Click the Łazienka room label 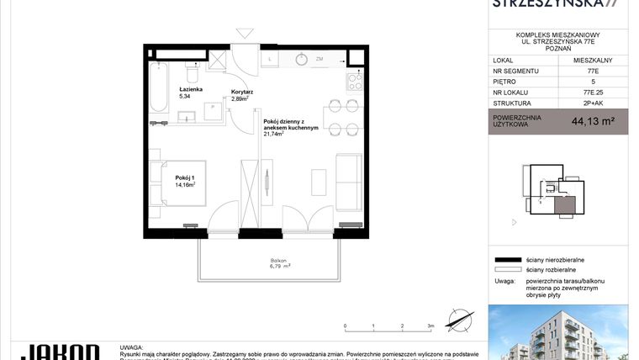tap(190, 88)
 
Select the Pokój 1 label tap(185, 178)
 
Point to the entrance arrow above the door tap(245, 34)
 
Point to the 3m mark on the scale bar tap(430, 325)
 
